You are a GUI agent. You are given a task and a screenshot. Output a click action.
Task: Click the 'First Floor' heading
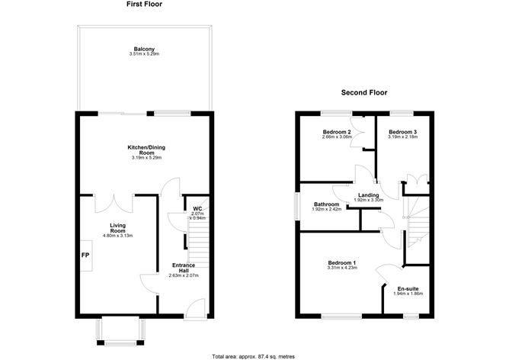pos(144,5)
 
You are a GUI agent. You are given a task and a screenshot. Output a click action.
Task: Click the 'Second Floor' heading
pos(364,92)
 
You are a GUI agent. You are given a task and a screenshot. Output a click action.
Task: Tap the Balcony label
pos(143,50)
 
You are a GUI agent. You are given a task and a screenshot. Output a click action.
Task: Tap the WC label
pos(197,208)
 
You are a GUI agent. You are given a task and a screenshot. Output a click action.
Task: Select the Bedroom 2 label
pos(336,132)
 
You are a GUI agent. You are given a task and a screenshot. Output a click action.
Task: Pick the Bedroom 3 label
pos(402,132)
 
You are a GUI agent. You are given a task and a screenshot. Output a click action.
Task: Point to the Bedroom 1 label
pos(342,264)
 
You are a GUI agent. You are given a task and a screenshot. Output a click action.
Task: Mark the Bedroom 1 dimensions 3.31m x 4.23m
pos(342,269)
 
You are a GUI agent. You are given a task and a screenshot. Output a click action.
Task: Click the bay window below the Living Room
pos(119,331)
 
